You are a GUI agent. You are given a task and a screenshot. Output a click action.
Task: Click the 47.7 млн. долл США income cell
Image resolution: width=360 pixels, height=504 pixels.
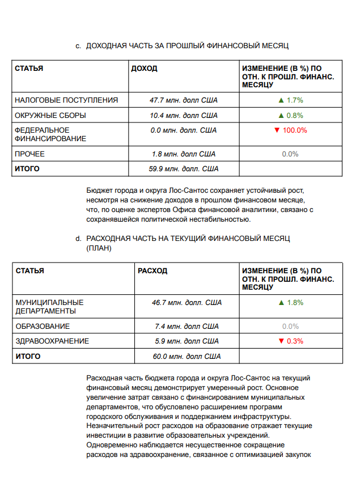(x=184, y=100)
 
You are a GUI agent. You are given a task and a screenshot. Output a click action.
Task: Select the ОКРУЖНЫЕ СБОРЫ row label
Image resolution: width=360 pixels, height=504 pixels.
(x=50, y=116)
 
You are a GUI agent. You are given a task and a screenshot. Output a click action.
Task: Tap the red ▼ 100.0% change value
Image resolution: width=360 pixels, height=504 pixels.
(x=290, y=130)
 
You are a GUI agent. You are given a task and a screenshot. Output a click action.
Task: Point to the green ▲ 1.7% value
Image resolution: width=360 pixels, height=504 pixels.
(x=290, y=100)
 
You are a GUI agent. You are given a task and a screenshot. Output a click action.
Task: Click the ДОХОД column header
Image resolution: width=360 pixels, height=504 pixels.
(x=144, y=69)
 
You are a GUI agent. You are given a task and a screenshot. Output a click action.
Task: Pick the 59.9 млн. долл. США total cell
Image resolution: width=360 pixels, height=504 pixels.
(x=184, y=169)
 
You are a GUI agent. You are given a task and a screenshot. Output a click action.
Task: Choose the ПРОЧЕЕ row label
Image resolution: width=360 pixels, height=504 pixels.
(x=29, y=154)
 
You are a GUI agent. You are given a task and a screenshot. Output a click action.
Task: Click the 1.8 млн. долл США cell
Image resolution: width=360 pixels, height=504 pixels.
(x=184, y=154)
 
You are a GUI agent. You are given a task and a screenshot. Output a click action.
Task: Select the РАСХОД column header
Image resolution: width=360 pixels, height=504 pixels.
(x=153, y=271)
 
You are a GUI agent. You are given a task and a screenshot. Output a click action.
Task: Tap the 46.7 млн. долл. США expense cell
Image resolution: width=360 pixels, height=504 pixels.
(x=187, y=303)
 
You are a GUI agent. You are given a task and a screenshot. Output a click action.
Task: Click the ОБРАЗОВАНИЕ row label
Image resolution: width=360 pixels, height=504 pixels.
(x=43, y=327)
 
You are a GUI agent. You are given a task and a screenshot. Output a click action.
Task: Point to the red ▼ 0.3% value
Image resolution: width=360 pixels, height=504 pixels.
(x=290, y=341)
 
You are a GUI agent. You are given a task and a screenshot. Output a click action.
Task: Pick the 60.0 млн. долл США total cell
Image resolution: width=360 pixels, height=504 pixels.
(x=187, y=357)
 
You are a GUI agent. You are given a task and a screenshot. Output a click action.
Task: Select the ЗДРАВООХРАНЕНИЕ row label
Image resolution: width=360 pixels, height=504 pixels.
(x=52, y=341)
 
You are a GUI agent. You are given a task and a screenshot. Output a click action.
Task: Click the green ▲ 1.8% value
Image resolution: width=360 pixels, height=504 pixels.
(x=290, y=303)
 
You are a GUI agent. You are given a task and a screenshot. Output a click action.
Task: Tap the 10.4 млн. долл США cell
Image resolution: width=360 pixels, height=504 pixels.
(x=184, y=116)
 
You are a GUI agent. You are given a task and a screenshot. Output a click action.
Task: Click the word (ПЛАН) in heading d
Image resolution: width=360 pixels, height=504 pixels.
(x=99, y=248)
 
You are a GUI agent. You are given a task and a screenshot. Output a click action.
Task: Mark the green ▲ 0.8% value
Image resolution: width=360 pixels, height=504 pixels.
(x=290, y=116)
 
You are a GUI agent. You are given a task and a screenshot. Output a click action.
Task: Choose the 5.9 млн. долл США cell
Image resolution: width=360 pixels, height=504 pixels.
(x=187, y=341)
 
